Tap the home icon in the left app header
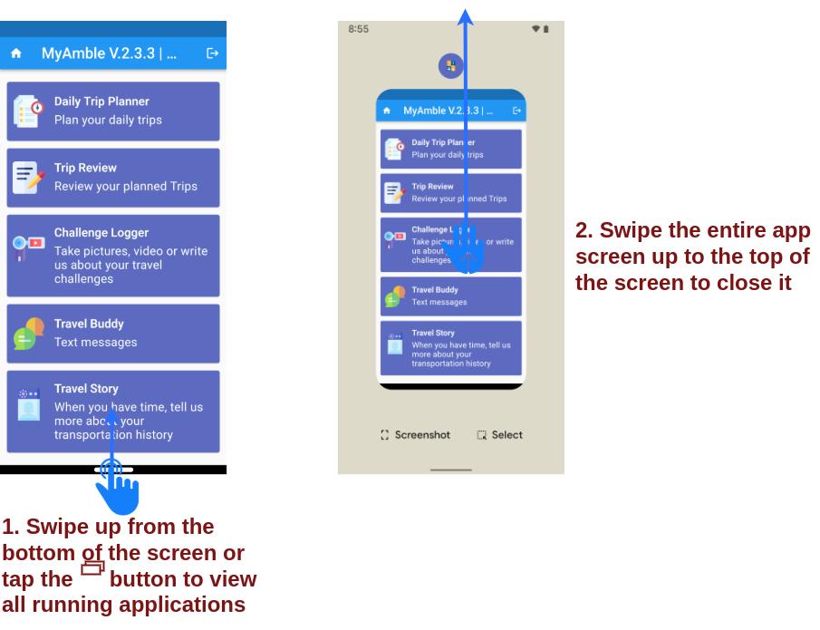tap(16, 53)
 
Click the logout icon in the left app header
tap(212, 53)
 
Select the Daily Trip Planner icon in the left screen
tap(28, 111)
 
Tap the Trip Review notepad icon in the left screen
tap(28, 178)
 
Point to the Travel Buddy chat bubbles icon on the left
tap(28, 334)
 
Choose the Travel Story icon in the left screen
tap(28, 404)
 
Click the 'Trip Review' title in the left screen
tap(85, 168)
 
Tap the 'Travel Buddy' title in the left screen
tap(89, 324)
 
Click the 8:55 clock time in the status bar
tap(358, 29)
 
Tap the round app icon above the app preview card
tap(451, 66)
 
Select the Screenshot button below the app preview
tap(415, 435)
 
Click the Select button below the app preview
tap(499, 435)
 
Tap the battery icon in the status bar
tap(546, 29)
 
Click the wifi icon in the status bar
tap(536, 29)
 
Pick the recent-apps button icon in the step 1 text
tap(92, 567)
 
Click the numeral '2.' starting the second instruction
tap(584, 231)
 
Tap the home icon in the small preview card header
tap(387, 111)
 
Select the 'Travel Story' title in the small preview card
tap(433, 333)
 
